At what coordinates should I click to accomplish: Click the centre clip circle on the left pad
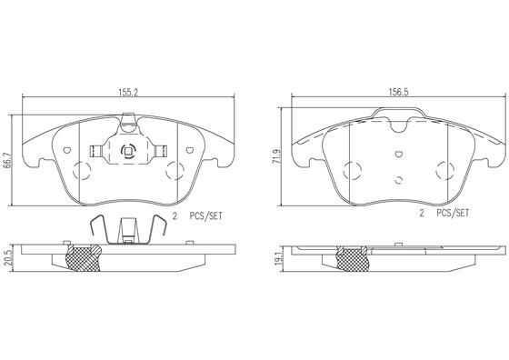coord(128,152)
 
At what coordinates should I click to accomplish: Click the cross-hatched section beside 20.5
coord(87,258)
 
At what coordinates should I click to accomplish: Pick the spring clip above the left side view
coord(127,227)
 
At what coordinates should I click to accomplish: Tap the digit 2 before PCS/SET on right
coord(421,215)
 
